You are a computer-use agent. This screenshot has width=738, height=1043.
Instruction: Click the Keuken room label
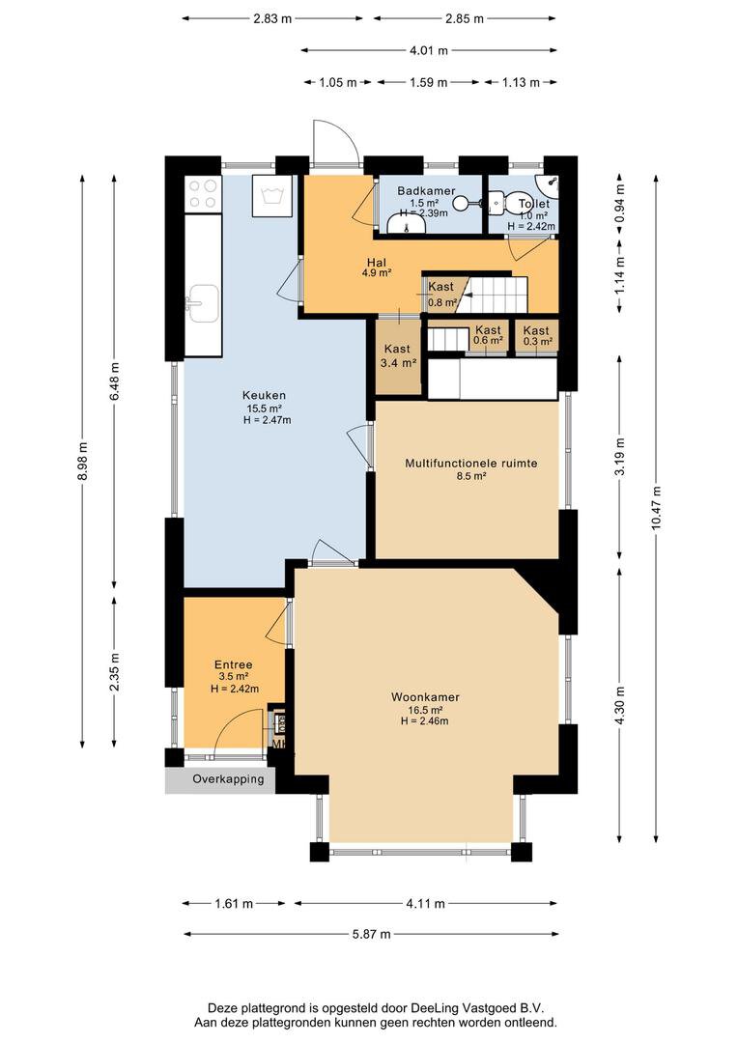pos(264,395)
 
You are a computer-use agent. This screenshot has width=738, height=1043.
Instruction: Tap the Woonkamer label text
pos(425,697)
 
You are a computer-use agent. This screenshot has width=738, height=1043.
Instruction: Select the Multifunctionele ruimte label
pos(471,463)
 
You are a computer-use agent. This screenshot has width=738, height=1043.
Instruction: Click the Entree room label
pos(234,664)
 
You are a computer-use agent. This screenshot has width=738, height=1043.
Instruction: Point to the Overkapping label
pos(228,779)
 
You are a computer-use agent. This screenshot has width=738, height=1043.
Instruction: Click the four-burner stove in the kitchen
pos(203,194)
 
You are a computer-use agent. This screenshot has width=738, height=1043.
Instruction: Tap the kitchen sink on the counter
pos(202,304)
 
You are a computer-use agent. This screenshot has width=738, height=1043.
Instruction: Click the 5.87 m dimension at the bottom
pos(371,934)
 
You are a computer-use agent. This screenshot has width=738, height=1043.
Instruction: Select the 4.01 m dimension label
pos(428,50)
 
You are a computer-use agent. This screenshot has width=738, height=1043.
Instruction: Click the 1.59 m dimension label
pos(429,82)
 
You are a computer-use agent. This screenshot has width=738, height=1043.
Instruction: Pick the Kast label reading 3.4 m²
pos(397,355)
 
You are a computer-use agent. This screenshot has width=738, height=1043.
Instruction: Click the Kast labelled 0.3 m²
pos(536,335)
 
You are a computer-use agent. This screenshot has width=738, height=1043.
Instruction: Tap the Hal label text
pos(377,263)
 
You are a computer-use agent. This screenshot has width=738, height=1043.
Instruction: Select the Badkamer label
pos(426,191)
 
